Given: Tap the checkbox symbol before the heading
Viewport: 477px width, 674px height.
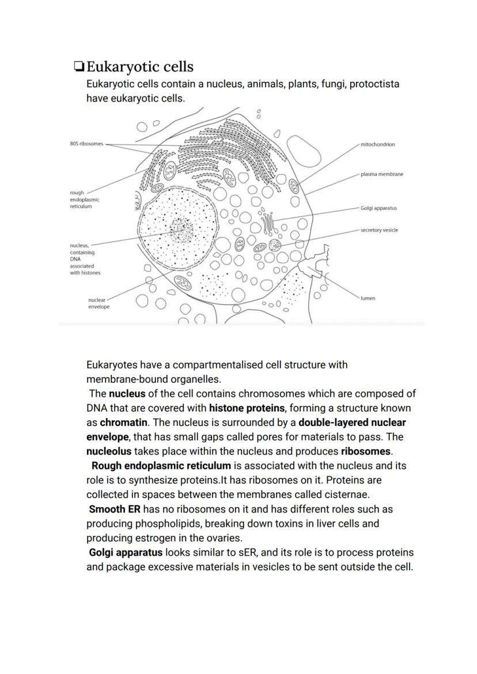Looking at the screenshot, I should coord(79,67).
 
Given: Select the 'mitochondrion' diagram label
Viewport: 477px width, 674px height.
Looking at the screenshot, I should coord(377,144).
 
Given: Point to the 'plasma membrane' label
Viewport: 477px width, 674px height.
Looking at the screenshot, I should coord(381,174).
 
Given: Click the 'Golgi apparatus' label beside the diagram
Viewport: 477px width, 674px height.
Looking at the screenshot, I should coord(378,208).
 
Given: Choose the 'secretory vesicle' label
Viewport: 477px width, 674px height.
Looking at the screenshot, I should coord(379,230).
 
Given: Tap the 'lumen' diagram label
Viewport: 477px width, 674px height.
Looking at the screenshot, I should coord(368,298).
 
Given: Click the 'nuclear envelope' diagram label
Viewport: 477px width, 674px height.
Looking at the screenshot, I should coord(98,303).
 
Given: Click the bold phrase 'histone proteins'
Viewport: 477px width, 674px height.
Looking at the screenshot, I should coord(247,408).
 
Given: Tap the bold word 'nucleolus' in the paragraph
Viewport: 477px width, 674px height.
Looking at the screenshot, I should coord(108,451).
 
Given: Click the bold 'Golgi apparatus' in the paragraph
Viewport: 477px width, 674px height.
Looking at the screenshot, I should coord(126,553).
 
